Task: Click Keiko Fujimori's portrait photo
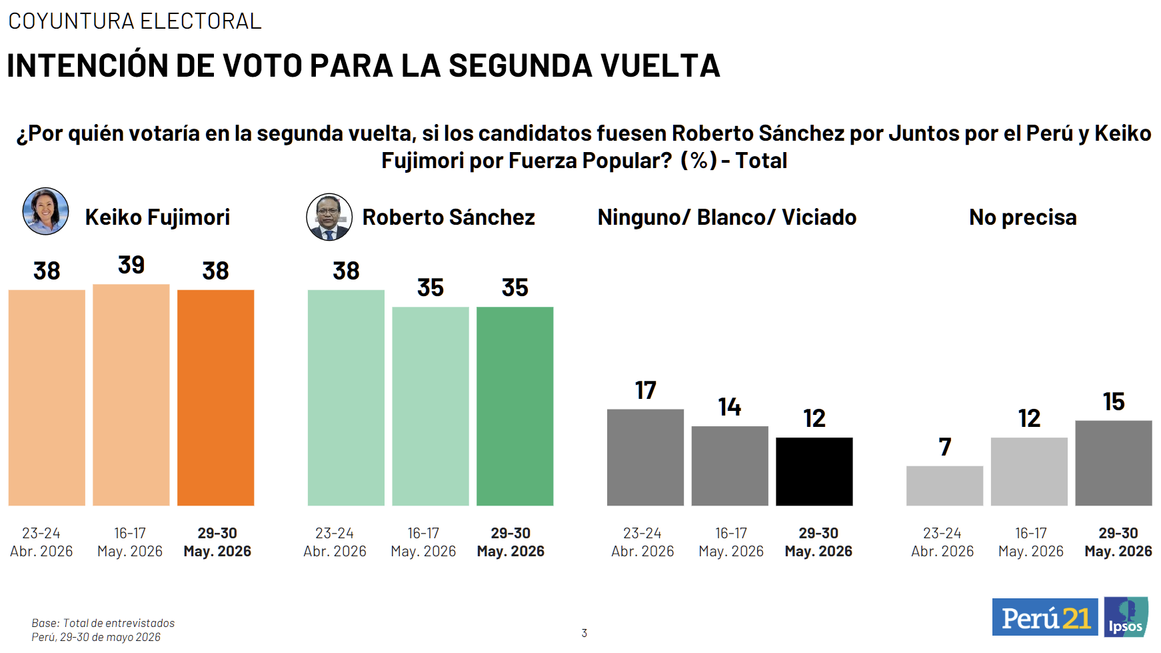point(46,211)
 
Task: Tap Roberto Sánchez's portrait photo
point(329,217)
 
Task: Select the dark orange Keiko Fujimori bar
point(216,398)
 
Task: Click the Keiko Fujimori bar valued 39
point(131,395)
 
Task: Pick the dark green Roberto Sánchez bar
point(515,406)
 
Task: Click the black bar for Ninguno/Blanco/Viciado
point(814,472)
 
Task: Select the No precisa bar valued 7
point(945,486)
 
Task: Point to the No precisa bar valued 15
point(1114,463)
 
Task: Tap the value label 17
point(645,390)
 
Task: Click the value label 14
point(730,407)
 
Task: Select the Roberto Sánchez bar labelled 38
point(347,398)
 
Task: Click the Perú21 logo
point(1045,617)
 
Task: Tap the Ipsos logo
point(1126,617)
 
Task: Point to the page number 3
point(584,633)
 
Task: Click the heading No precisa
point(1023,217)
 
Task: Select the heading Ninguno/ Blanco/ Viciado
point(727,217)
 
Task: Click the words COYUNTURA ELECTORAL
point(135,21)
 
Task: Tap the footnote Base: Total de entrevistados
point(103,623)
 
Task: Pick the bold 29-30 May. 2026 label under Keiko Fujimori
point(217,542)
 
